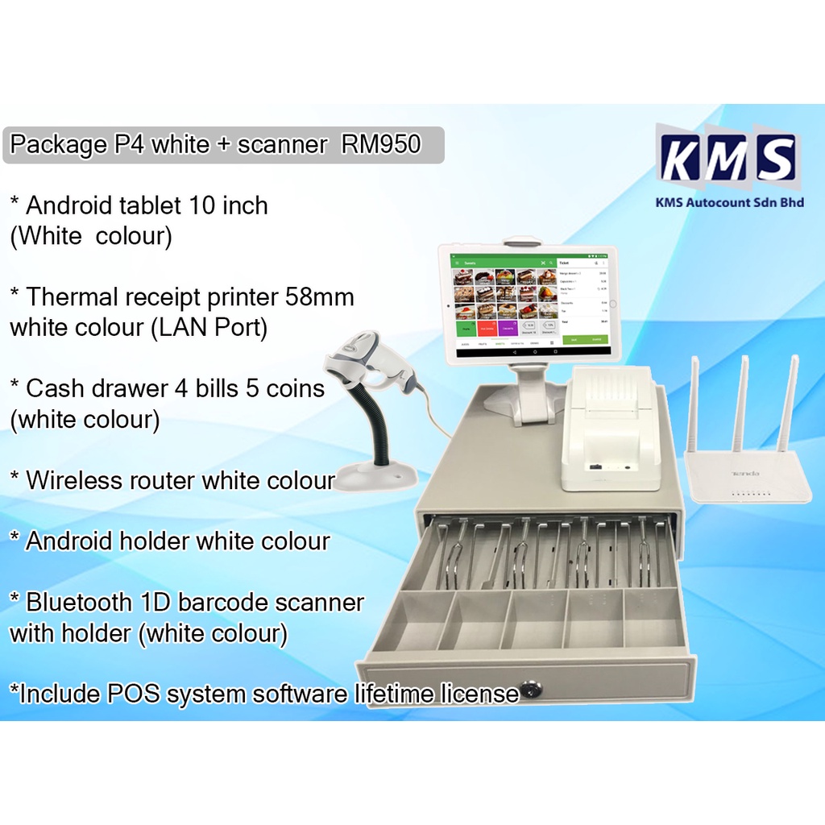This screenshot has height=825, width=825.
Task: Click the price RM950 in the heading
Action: coord(381,145)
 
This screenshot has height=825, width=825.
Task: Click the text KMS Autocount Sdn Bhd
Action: coord(730,203)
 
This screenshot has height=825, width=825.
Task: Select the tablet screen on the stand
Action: coord(528,304)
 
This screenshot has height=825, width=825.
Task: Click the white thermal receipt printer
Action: coord(610,431)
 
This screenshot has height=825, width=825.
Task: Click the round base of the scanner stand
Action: coord(376,476)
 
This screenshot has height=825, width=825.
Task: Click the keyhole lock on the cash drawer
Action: coord(529,690)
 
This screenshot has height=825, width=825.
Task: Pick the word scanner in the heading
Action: coord(283,145)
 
